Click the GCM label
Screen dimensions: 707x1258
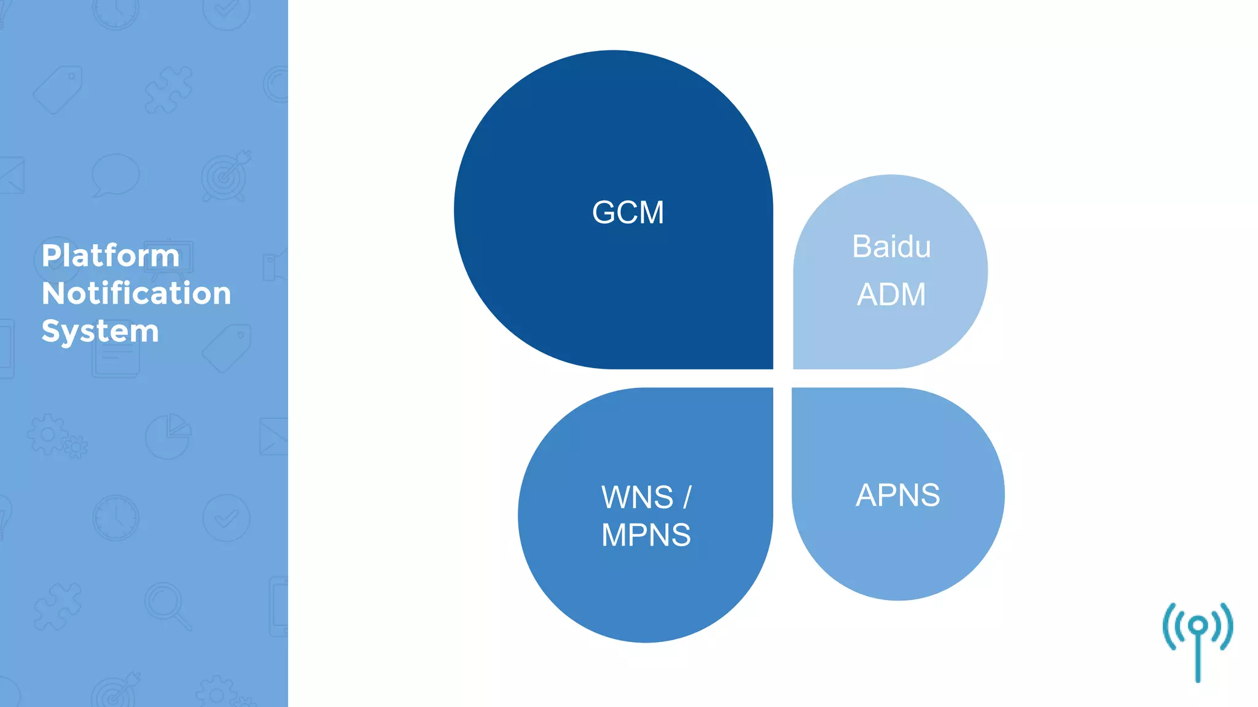point(628,213)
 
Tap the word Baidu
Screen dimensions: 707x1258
point(891,247)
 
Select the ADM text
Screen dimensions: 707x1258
point(891,295)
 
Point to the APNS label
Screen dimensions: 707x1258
point(897,495)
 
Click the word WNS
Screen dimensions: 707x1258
point(637,497)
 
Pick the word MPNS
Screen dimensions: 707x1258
point(646,535)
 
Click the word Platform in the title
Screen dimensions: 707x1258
point(111,255)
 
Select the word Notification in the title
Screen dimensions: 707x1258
point(136,293)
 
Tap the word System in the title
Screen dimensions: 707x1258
point(100,331)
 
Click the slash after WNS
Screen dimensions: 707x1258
point(687,497)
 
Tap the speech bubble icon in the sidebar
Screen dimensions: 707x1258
point(115,175)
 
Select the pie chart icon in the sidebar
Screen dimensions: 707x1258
point(168,436)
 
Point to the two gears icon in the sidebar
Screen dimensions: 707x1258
point(57,437)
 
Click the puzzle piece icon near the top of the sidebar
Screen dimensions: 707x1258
point(168,91)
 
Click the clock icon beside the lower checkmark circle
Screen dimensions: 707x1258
point(115,518)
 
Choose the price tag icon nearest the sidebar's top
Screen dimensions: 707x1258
point(58,90)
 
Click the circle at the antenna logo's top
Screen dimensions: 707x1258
point(1198,626)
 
